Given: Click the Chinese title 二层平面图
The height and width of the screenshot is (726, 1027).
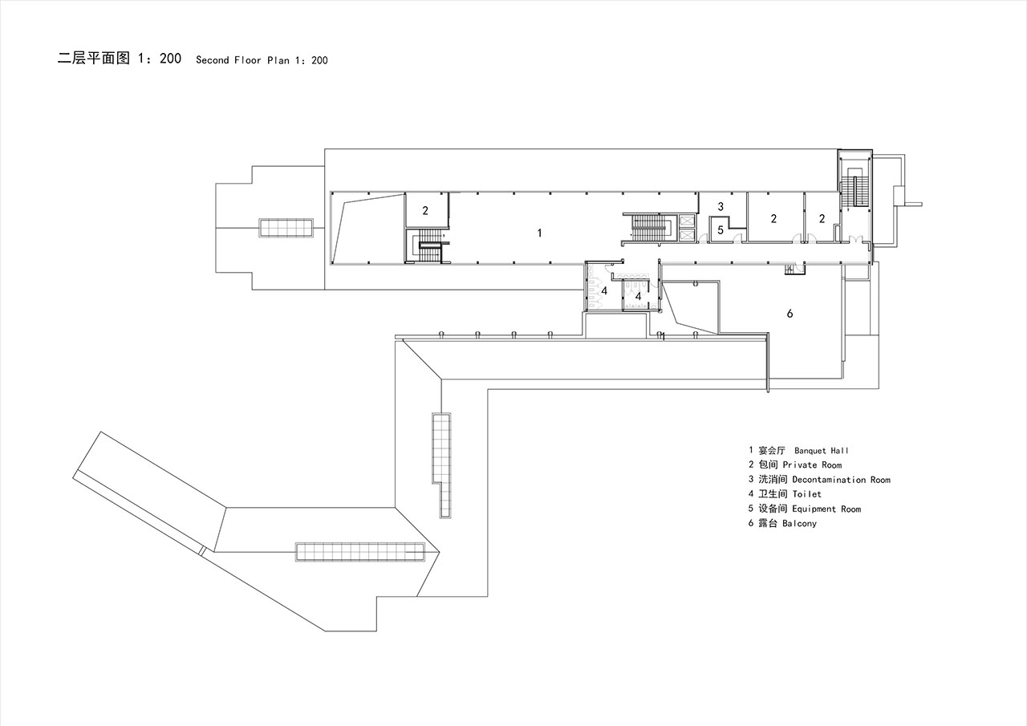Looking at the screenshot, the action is pos(94,59).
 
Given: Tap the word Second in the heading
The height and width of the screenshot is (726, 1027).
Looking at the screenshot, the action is pos(213,60).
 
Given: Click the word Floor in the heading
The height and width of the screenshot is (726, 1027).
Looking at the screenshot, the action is pos(248,60).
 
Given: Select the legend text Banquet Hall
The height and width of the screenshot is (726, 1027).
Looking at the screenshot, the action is pos(821,451).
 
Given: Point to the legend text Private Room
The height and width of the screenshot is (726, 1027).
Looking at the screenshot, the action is pos(812,464).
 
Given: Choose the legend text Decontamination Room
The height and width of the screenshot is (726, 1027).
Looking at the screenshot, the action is pos(841,480).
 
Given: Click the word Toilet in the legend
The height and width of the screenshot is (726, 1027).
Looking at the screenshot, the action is pos(806,494).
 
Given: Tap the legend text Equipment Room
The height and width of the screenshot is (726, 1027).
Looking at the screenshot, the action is pos(826,509).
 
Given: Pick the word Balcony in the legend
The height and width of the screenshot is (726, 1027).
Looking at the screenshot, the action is pos(799,523).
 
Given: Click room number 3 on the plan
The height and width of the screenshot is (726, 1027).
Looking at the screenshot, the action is pos(721,207).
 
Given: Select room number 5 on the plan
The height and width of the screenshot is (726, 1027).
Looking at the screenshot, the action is pos(721,230).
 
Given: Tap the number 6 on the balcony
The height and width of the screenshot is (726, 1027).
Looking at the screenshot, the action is pos(790,314).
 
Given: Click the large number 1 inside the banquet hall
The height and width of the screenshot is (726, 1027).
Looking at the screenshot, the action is pos(540,233).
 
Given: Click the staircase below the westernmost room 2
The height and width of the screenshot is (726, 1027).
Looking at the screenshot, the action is pos(428,245).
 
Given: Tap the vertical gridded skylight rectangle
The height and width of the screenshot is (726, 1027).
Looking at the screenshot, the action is pos(441,465).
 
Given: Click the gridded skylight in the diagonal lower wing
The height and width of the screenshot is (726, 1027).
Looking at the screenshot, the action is pos(360,552).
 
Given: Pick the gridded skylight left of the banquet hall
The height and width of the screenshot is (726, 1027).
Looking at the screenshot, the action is pos(286,228).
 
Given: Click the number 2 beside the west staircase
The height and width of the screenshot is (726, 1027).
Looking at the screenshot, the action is pos(425,210).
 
